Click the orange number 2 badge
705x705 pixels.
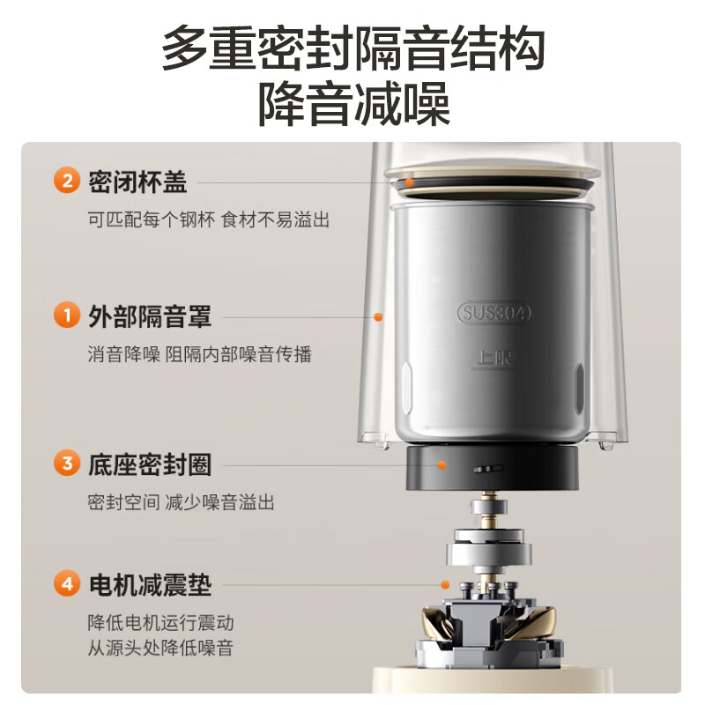(x=67, y=182)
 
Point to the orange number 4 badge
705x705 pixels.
(x=67, y=583)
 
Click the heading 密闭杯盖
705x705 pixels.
(x=137, y=182)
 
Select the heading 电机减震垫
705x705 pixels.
(x=150, y=583)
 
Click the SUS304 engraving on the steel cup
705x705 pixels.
(x=494, y=313)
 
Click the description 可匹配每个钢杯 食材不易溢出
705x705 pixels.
(x=209, y=220)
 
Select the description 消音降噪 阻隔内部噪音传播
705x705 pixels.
(x=199, y=354)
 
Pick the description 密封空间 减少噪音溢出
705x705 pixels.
(x=181, y=502)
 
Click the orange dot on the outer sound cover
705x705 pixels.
(x=378, y=316)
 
